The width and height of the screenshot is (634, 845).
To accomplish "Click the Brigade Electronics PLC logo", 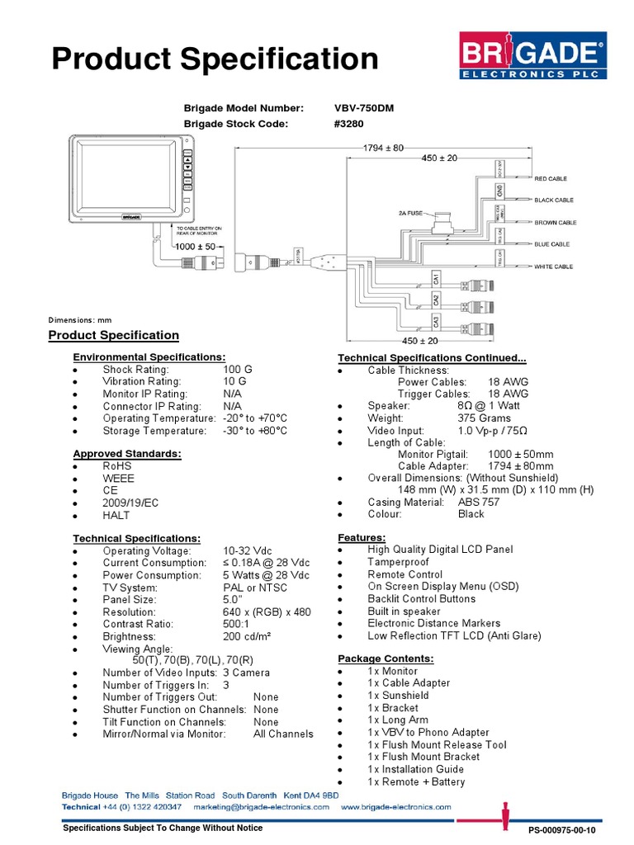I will [x=531, y=59].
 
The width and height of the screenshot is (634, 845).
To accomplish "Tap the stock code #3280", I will [x=349, y=124].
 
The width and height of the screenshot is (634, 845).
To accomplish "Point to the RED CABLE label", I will [x=551, y=178].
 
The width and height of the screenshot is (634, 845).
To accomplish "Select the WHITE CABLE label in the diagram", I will [x=553, y=267].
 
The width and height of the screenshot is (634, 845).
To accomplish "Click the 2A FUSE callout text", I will [x=411, y=213].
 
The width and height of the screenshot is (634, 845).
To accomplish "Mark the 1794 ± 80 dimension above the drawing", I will [x=384, y=148].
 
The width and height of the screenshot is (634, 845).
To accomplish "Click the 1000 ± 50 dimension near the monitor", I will [x=195, y=247].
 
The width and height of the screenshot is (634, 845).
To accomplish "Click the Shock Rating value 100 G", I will [x=237, y=370].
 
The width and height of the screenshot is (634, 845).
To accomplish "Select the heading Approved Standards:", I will [x=127, y=454].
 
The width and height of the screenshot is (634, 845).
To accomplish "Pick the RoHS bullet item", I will [x=116, y=465].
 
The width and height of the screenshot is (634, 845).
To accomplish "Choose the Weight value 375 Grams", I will [x=484, y=418].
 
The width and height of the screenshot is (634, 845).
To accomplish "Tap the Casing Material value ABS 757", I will [x=479, y=502].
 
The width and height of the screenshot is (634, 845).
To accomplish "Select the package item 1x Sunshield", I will [x=398, y=696].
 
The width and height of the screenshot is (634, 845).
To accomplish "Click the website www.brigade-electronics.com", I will [x=395, y=806].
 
